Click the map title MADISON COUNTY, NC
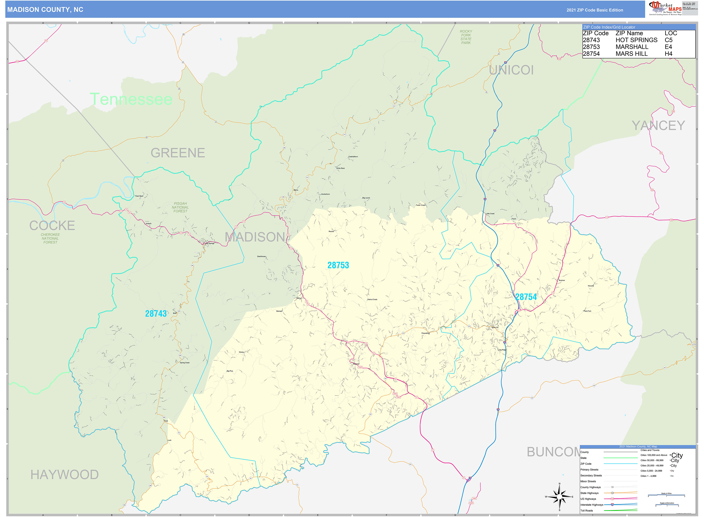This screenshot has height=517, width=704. click(45, 10)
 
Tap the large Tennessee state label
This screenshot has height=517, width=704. click(131, 99)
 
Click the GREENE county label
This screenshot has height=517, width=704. click(178, 153)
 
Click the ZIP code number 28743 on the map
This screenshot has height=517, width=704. click(156, 314)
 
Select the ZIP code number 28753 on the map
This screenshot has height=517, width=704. click(338, 265)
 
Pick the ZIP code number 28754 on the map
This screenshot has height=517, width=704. click(526, 297)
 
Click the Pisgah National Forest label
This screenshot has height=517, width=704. click(180, 207)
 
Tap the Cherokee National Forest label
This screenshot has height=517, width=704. click(50, 238)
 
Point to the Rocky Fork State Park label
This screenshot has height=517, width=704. click(466, 37)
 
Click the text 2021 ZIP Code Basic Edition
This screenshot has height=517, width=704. click(594, 10)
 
